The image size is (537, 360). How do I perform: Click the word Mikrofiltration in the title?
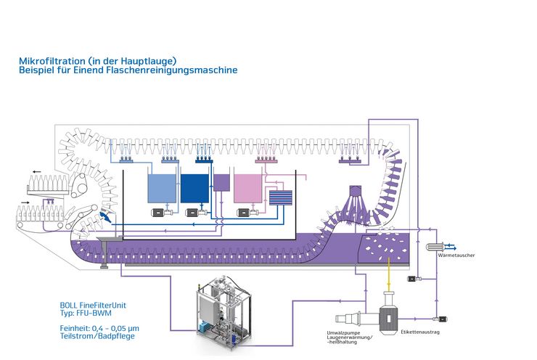pos(52,61)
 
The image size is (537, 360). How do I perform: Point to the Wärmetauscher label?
pos(456,255)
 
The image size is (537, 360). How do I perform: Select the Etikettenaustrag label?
pos(420,332)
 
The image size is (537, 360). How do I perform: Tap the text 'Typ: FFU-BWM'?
pos(86,313)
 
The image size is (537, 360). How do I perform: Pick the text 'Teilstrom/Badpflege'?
pos(97,336)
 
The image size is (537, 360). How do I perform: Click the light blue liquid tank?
pos(162,188)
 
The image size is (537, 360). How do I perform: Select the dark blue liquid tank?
pos(194,188)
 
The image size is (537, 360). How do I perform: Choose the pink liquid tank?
pos(247,188)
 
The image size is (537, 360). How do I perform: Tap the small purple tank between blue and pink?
pos(221,182)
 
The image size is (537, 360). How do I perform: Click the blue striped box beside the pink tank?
pos(281,197)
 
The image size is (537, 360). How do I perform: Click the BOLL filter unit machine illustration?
pos(224,311)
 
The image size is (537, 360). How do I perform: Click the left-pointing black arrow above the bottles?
pos(36,171)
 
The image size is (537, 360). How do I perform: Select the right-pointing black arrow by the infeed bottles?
pos(25,202)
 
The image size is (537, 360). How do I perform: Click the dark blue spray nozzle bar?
pos(204,160)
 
